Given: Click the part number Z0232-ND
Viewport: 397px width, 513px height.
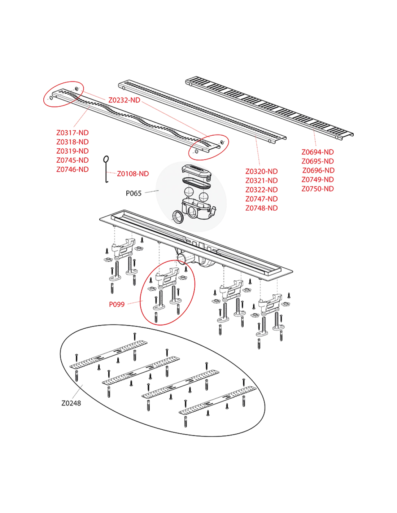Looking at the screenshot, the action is pos(124,100).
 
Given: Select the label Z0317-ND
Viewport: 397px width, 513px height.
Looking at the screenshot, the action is pos(73,133).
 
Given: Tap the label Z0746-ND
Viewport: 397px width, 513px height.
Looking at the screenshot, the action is pos(73,169).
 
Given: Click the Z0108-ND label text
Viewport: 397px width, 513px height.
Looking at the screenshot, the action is pos(133,174).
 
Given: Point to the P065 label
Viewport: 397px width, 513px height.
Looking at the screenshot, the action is pos(134,193).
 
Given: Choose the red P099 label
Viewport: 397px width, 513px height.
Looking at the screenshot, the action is pos(117,304).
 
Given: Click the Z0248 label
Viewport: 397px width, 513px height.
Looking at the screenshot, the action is pos(71,403).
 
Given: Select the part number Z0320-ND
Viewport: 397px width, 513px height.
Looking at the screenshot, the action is pos(261,171).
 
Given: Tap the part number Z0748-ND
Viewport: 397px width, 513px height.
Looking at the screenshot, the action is pos(261,208).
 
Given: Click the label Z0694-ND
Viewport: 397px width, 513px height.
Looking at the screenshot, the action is pos(318,152).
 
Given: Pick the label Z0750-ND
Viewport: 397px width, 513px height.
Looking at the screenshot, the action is pos(318,189).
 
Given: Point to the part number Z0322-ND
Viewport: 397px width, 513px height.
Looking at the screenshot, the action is pos(261,189).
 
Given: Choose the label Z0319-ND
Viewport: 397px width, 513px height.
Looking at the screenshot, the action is pos(73,151).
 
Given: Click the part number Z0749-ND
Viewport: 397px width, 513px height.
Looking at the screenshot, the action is pos(318,179).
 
